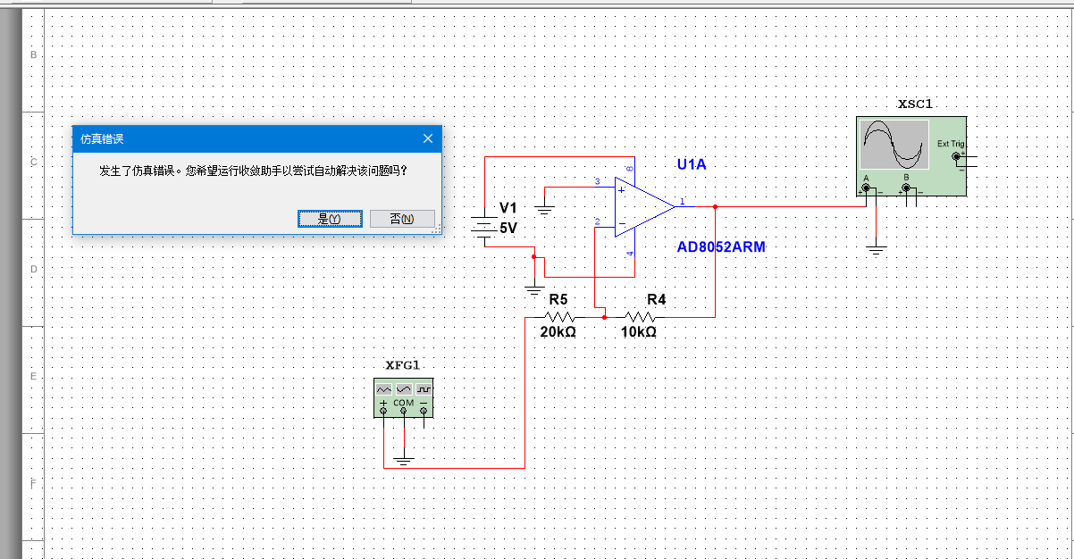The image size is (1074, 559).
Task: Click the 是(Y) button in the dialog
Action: (330, 219)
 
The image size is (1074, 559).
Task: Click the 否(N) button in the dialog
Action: (402, 219)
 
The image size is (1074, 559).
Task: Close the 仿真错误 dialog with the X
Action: (428, 138)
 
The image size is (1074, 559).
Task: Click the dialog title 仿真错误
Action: (102, 139)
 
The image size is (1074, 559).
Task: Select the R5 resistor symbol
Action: (559, 316)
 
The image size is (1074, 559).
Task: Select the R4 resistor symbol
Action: (639, 316)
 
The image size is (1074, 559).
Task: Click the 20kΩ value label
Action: (558, 332)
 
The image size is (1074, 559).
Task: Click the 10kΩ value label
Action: (639, 332)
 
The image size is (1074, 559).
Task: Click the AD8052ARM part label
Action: (721, 247)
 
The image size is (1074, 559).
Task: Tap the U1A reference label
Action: (692, 164)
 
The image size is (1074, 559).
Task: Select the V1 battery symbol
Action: (483, 229)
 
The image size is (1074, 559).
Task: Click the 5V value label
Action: (508, 229)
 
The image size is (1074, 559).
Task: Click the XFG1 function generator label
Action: (402, 365)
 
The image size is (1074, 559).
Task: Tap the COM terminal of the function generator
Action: (404, 410)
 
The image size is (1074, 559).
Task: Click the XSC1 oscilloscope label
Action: (915, 104)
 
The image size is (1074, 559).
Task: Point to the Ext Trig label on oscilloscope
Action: (950, 144)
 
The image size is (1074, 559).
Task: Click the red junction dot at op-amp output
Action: (716, 206)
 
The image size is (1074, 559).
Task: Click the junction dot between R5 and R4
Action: (605, 316)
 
